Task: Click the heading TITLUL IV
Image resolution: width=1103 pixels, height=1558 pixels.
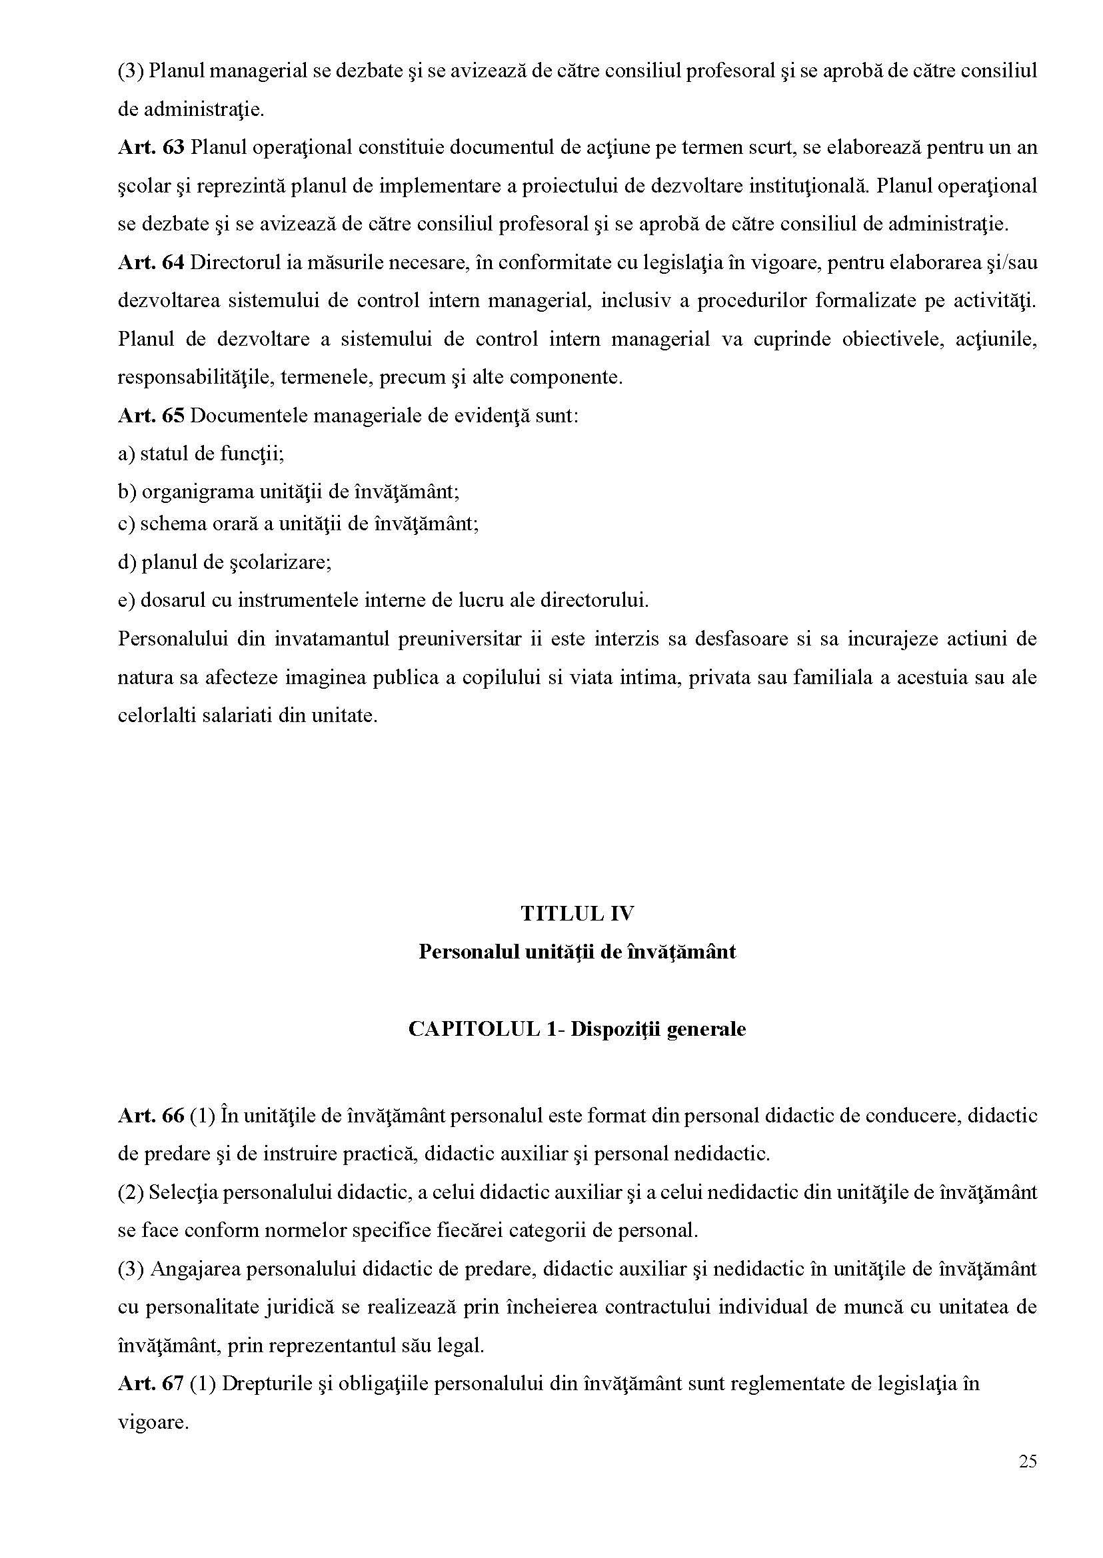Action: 577,913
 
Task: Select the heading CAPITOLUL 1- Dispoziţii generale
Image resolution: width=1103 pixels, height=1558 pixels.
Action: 576,1029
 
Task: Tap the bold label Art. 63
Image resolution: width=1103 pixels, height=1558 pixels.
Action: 151,147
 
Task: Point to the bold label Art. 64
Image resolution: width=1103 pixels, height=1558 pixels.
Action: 151,262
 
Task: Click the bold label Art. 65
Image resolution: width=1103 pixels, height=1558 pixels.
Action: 151,415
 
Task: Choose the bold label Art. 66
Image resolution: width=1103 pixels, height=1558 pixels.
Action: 151,1115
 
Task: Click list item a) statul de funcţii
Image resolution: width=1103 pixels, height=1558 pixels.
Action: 201,454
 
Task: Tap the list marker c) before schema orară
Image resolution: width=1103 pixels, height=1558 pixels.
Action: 127,524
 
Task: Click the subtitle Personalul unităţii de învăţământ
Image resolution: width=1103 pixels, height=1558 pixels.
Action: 576,952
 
